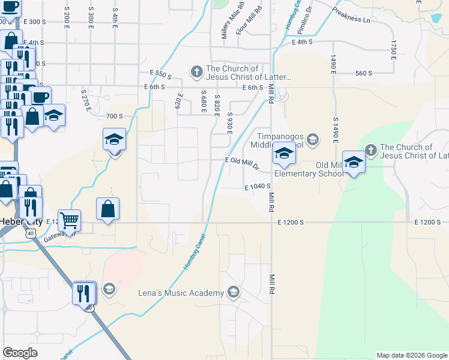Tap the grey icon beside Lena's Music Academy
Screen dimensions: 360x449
point(234,292)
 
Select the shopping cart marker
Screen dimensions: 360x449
point(70,220)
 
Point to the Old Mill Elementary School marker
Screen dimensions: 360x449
point(354,163)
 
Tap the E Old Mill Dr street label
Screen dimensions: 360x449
point(241,161)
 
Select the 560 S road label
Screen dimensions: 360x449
point(364,73)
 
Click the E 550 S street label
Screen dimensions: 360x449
point(161,74)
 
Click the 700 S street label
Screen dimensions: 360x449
point(113,116)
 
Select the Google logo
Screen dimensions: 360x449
point(20,353)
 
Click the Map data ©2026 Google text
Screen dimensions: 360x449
point(412,355)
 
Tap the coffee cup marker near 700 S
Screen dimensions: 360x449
point(41,97)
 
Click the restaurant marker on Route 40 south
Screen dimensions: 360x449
point(85,293)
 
